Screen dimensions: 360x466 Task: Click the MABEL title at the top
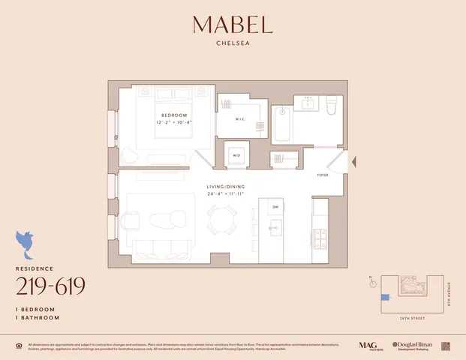233,25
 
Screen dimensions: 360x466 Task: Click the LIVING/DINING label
226,186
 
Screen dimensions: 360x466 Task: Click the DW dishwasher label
275,207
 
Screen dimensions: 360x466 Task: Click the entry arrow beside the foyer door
356,160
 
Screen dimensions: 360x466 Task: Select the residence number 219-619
50,286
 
